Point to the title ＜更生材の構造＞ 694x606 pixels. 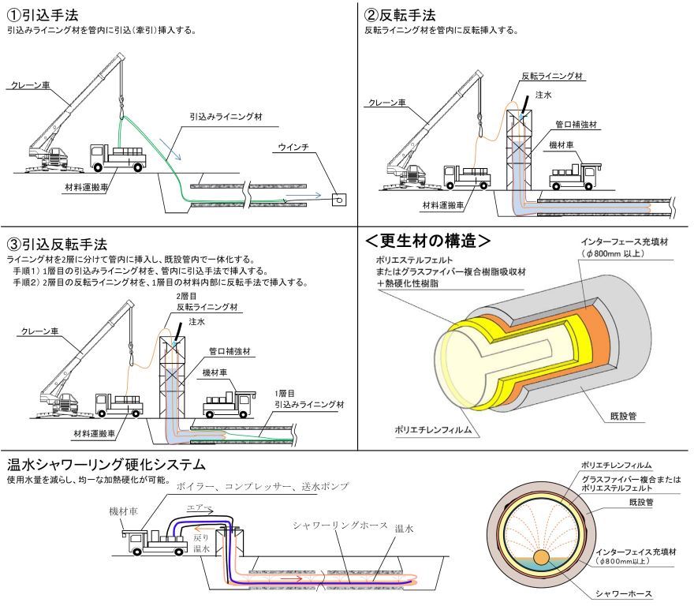click(x=429, y=239)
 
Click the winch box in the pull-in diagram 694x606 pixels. click(x=338, y=200)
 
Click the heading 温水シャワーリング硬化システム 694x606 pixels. click(x=106, y=464)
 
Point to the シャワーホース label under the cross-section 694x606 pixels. click(x=620, y=596)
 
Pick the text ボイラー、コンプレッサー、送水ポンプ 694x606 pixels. click(x=263, y=484)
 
